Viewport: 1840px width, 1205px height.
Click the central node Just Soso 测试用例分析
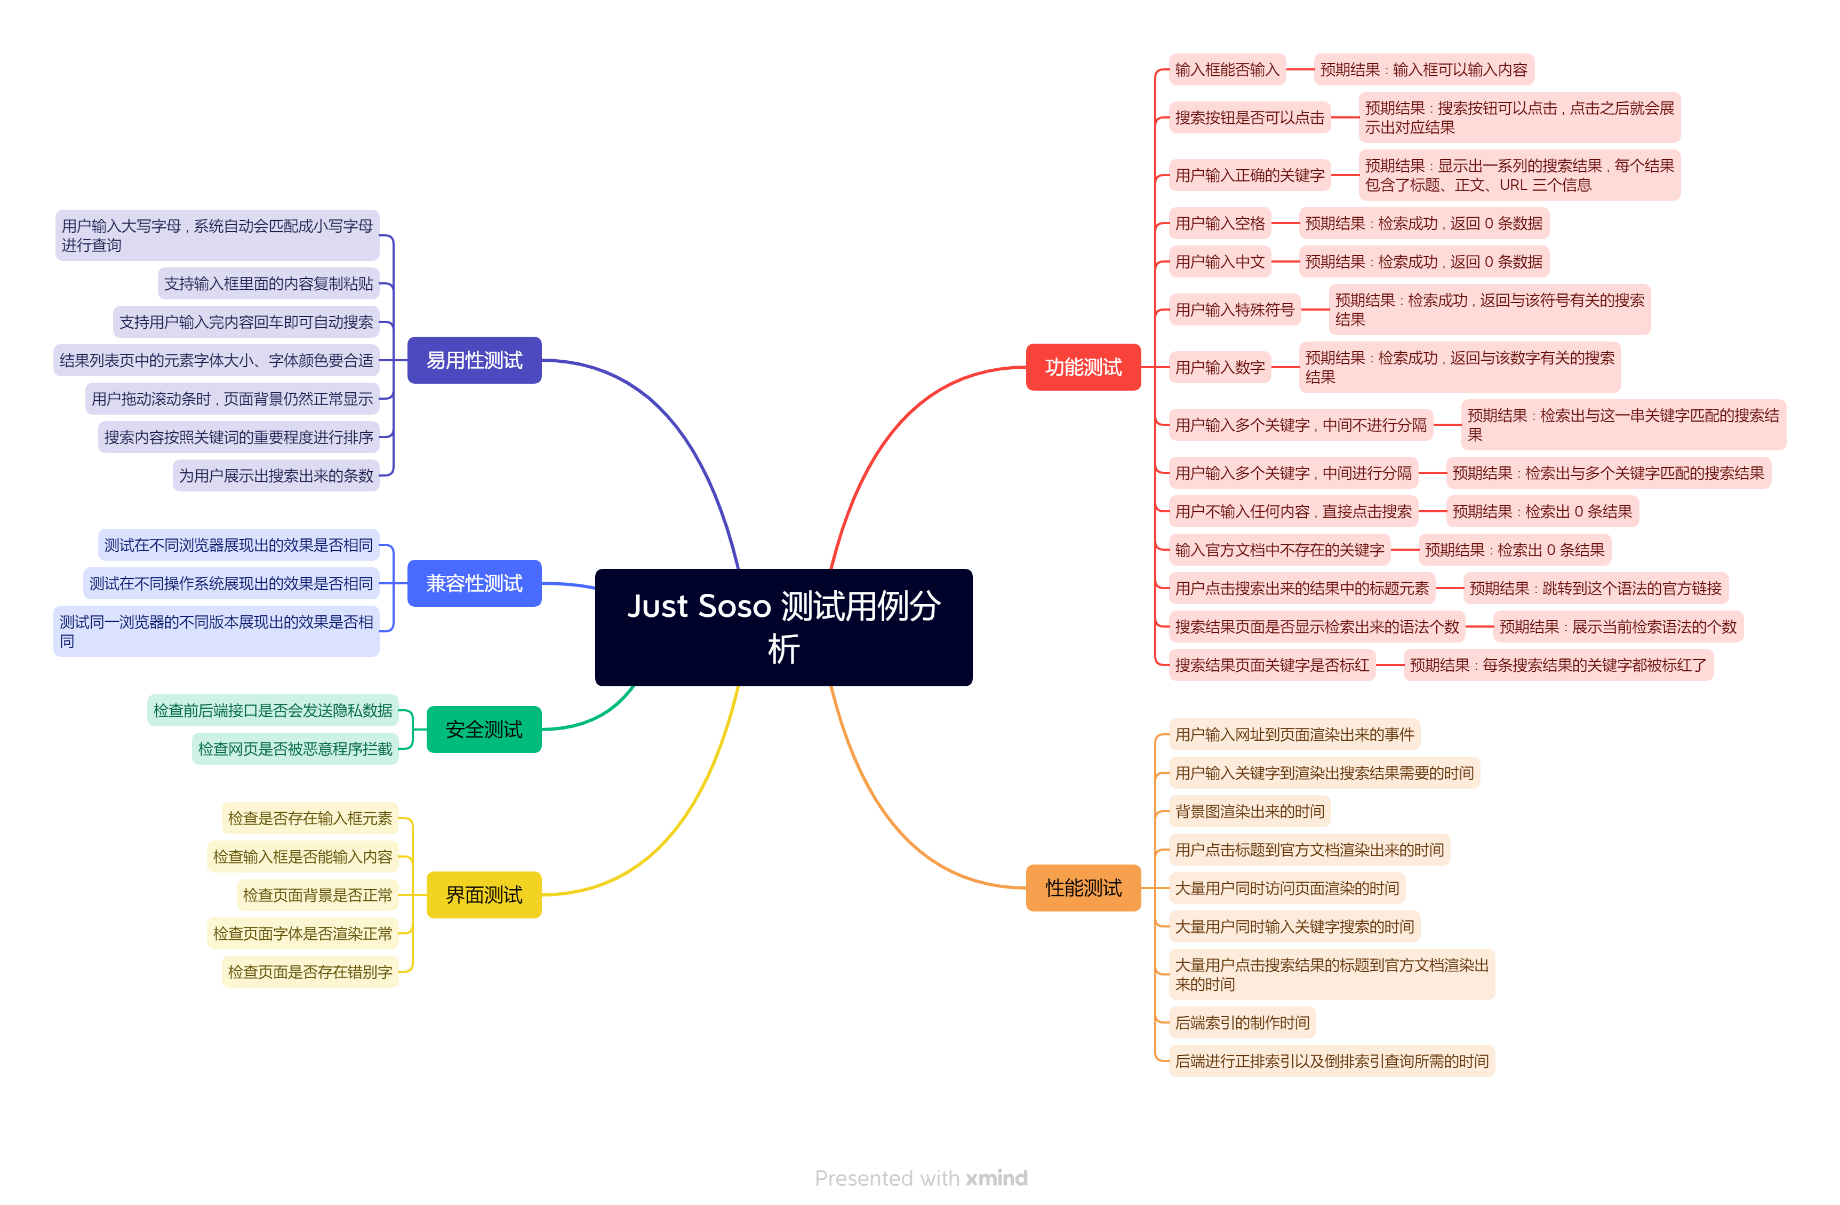tap(783, 627)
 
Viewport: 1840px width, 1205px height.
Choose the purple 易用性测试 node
tap(474, 360)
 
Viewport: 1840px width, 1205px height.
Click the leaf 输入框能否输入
tap(1226, 69)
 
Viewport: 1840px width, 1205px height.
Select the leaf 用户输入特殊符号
tap(1234, 310)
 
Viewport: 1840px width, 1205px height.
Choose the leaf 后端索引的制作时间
tap(1242, 1022)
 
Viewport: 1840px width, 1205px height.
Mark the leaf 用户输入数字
tap(1219, 367)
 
